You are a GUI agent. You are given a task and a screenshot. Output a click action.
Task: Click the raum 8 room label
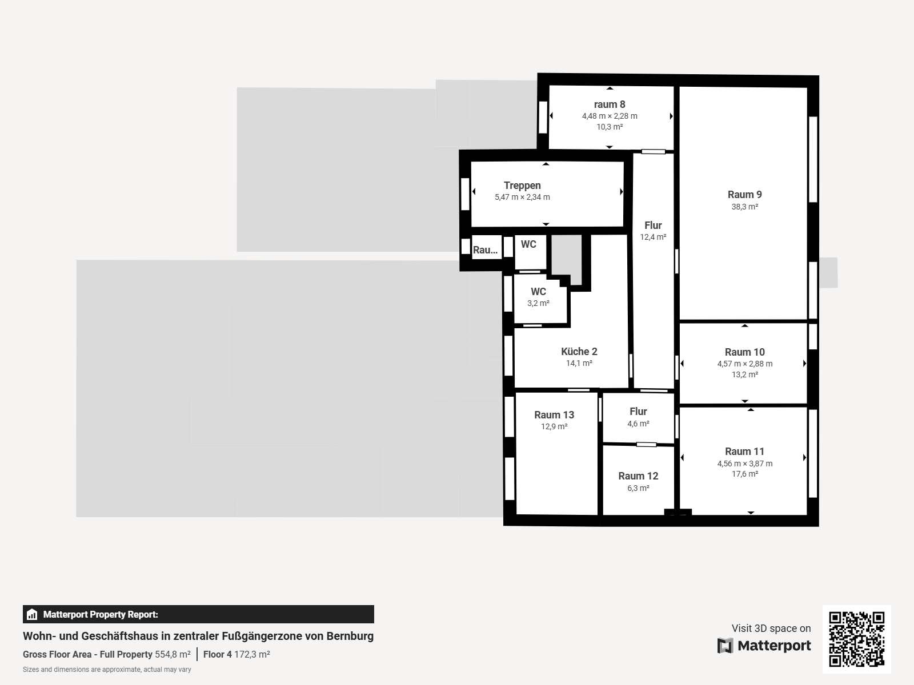(x=609, y=104)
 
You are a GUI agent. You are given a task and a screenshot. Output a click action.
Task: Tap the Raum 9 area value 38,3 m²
(x=744, y=207)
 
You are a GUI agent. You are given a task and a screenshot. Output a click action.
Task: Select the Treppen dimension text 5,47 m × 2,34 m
(x=522, y=197)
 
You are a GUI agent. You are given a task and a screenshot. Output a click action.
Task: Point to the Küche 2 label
(x=579, y=352)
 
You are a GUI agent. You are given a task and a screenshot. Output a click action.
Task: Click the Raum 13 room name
(x=554, y=414)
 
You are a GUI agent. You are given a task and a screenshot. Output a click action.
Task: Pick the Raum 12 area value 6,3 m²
(x=638, y=488)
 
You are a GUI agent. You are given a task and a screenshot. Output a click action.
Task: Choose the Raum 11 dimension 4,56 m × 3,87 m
(x=744, y=464)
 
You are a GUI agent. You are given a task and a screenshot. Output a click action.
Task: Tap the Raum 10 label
(x=744, y=352)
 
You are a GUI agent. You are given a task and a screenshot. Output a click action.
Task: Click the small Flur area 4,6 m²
(x=638, y=424)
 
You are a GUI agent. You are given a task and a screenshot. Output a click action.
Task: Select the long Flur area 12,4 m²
(x=653, y=237)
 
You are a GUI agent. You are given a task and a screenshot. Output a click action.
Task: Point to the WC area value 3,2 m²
(x=538, y=303)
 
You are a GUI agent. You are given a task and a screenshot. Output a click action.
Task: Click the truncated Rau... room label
(x=485, y=250)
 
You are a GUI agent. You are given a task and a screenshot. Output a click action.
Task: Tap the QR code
(x=856, y=639)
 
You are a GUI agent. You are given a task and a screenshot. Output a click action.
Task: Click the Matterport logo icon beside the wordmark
(x=725, y=646)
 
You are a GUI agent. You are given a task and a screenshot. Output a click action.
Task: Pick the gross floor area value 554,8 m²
(x=173, y=654)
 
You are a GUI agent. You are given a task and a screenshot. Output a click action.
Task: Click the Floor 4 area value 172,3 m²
(x=252, y=654)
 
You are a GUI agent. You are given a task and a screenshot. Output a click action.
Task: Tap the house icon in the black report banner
(x=32, y=614)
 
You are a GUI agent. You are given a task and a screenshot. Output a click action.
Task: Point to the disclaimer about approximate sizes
(x=107, y=670)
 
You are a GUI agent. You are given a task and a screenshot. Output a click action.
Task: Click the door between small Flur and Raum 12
(x=646, y=445)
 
